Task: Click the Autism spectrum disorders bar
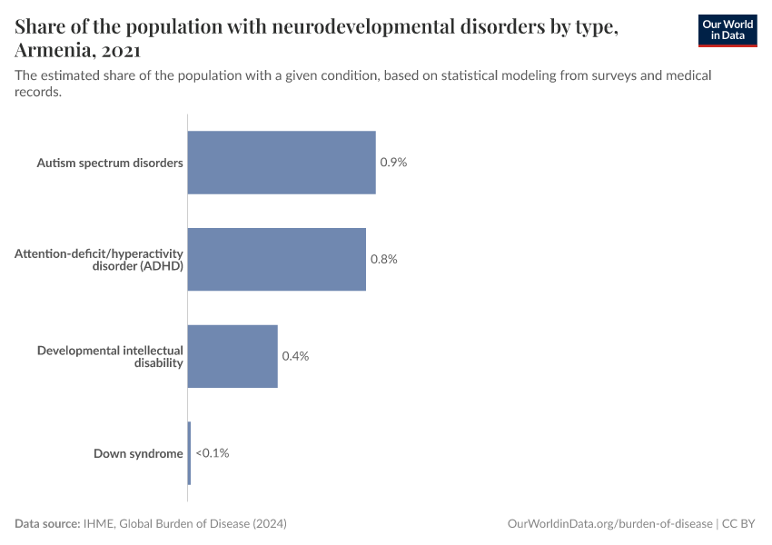(x=282, y=163)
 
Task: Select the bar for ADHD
(x=277, y=259)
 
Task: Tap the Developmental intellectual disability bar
(x=233, y=356)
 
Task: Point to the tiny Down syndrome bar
(x=189, y=452)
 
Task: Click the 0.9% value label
(x=393, y=163)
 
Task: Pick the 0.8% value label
(x=384, y=259)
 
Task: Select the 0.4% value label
(x=295, y=356)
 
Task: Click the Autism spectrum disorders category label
(x=110, y=163)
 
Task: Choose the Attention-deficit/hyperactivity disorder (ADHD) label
(x=99, y=259)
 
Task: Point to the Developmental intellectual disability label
(x=110, y=356)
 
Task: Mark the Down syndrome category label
(x=138, y=452)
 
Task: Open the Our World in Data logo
(x=727, y=30)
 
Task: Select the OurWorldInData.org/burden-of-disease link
(x=609, y=524)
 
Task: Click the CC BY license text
(x=739, y=524)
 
